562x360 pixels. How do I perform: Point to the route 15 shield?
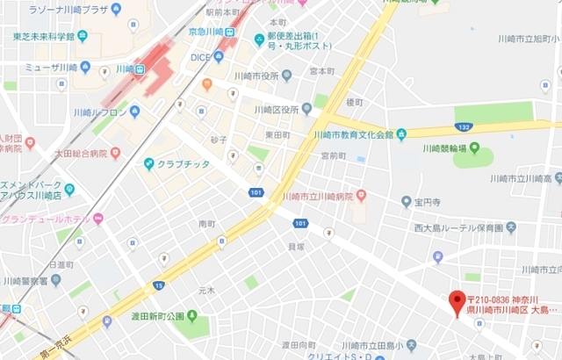pos(158,285)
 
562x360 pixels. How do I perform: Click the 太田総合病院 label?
pos(73,153)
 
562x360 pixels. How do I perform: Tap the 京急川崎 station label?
pos(208,31)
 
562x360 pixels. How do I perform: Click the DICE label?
pos(200,56)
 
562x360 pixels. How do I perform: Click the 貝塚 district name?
pos(296,248)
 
